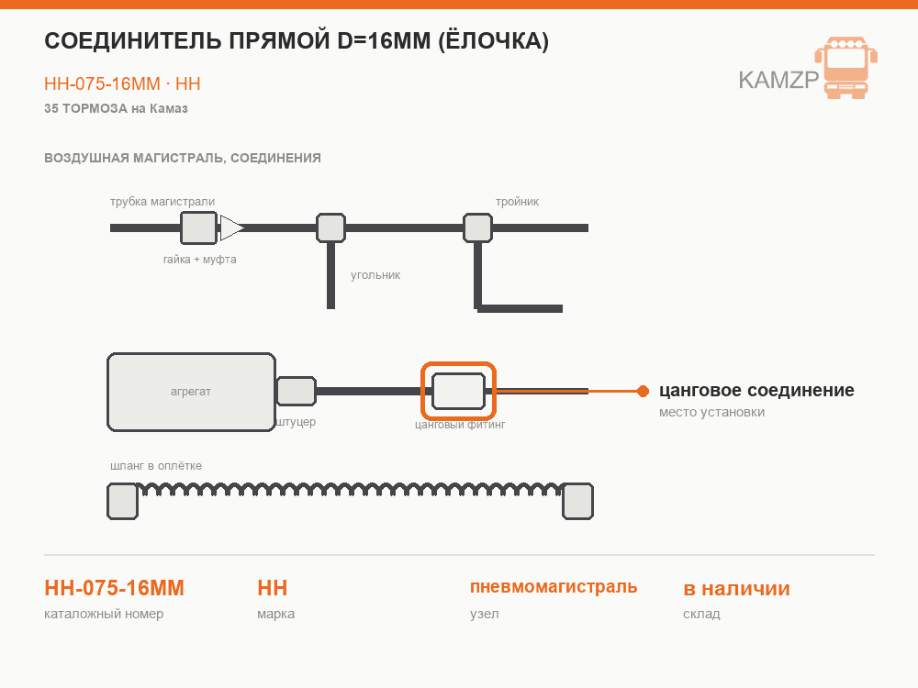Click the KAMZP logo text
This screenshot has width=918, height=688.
778,80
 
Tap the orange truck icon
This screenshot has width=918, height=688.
846,67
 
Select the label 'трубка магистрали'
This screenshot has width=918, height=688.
162,202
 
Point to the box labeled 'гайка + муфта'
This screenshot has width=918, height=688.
199,228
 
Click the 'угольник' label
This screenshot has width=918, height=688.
375,275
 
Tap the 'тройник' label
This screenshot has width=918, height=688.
517,202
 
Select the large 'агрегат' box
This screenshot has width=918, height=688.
192,392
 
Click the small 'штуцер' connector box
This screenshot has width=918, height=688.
297,392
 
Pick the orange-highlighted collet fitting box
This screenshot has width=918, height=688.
458,391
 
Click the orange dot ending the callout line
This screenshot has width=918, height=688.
643,391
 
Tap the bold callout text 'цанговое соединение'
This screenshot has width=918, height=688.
756,390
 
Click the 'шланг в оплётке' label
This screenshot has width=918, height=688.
156,466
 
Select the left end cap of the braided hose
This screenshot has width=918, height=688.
122,502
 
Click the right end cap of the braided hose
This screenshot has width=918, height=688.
577,502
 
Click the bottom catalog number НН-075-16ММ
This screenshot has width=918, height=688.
114,588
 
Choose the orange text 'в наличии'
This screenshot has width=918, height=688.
736,589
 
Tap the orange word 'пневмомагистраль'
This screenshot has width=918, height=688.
554,587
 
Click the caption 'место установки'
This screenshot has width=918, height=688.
712,412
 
